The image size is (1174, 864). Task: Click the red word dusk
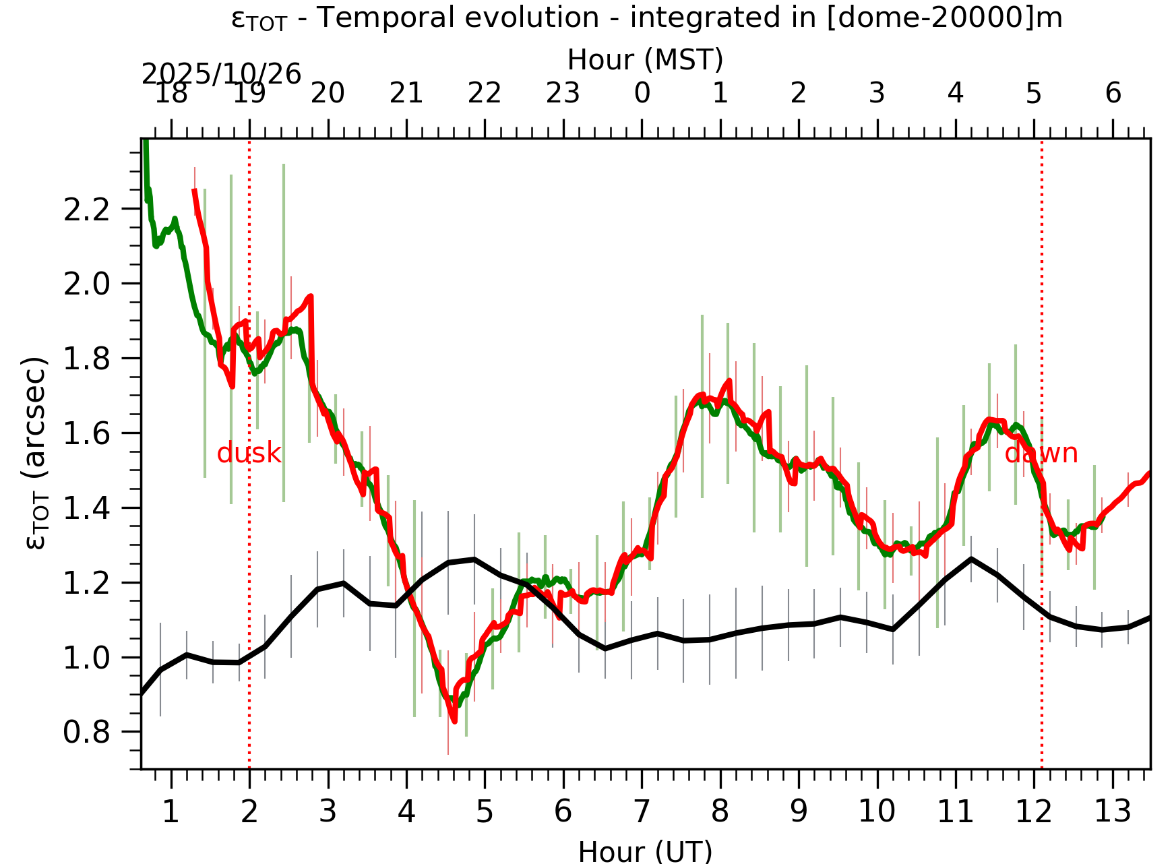pyautogui.click(x=249, y=454)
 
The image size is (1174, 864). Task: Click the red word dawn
pyautogui.click(x=1041, y=454)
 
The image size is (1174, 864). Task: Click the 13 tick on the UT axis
pyautogui.click(x=1112, y=811)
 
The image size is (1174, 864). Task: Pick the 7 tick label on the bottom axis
pyautogui.click(x=641, y=811)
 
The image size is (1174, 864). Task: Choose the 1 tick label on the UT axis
pyautogui.click(x=171, y=811)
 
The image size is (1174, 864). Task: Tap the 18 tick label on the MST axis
pyautogui.click(x=171, y=94)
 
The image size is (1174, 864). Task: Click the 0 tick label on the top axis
pyautogui.click(x=642, y=94)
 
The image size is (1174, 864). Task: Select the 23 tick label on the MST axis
pyautogui.click(x=563, y=94)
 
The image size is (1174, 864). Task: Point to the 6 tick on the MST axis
pyautogui.click(x=1113, y=94)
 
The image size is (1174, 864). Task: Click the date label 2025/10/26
pyautogui.click(x=221, y=74)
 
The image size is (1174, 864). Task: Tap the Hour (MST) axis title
pyautogui.click(x=645, y=60)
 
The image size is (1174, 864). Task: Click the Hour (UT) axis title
pyautogui.click(x=645, y=852)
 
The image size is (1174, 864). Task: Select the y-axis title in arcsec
pyautogui.click(x=35, y=453)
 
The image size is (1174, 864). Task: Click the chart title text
pyautogui.click(x=646, y=18)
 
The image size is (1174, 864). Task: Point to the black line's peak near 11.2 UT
pyautogui.click(x=971, y=559)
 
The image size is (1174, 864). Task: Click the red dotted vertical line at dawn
pyautogui.click(x=1042, y=607)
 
